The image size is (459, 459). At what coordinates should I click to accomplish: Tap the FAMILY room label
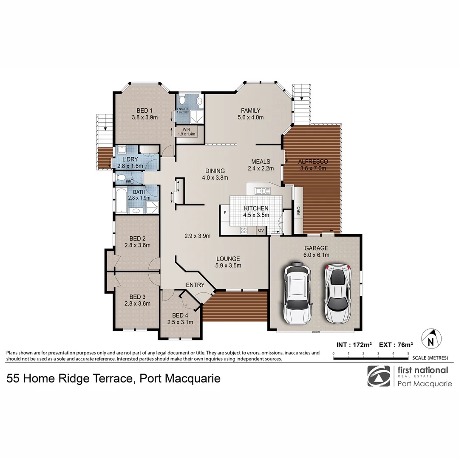pyautogui.click(x=251, y=110)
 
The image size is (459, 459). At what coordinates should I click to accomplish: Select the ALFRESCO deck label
pyautogui.click(x=312, y=162)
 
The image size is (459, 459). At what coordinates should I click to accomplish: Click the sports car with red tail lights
pyautogui.click(x=337, y=293)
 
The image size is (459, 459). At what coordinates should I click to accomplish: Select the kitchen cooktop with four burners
pyautogui.click(x=244, y=230)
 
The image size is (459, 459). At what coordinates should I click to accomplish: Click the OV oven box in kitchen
pyautogui.click(x=261, y=230)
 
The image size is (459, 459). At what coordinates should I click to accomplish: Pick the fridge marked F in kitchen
pyautogui.click(x=224, y=212)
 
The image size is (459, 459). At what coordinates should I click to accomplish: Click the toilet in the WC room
pyautogui.click(x=121, y=177)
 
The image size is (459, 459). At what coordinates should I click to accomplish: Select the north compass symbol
pyautogui.click(x=431, y=339)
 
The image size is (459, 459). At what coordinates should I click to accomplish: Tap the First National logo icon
pyautogui.click(x=379, y=376)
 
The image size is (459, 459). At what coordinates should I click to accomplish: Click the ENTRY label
pyautogui.click(x=195, y=285)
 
